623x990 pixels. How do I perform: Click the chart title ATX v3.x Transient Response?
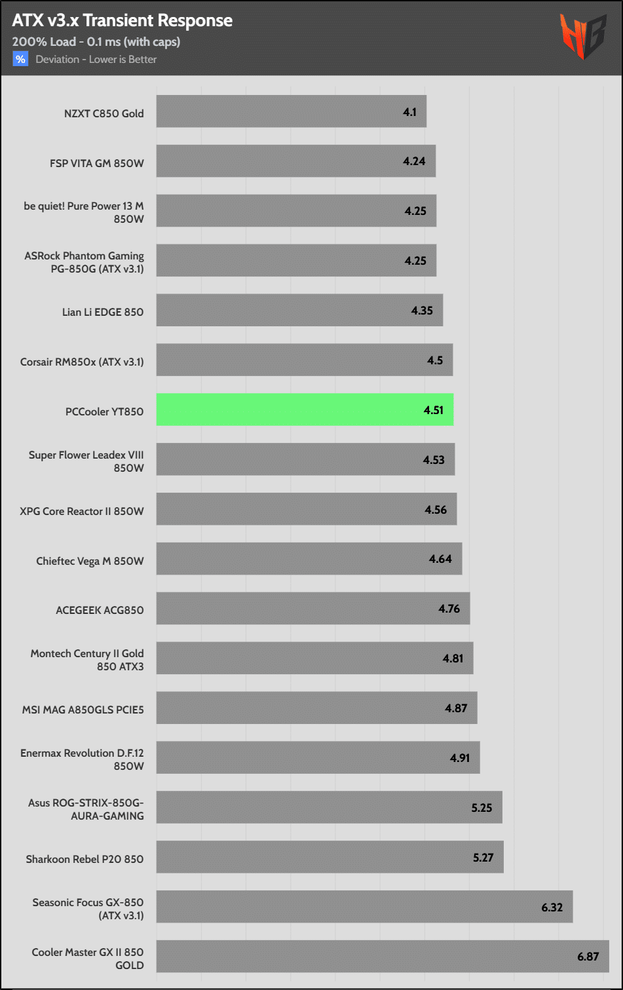pyautogui.click(x=122, y=21)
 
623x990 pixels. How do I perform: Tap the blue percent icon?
pyautogui.click(x=20, y=60)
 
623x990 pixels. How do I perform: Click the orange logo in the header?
pyautogui.click(x=582, y=37)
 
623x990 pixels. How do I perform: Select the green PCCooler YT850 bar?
pyautogui.click(x=305, y=410)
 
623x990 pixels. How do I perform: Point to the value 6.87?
pyautogui.click(x=588, y=957)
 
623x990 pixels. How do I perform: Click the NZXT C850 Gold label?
pyautogui.click(x=104, y=113)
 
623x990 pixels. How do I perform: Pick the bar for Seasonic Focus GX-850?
pyautogui.click(x=364, y=907)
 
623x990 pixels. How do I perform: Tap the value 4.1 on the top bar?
pyautogui.click(x=409, y=112)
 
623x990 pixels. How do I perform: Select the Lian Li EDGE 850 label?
pyautogui.click(x=103, y=312)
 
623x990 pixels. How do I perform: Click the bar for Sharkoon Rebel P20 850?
pyautogui.click(x=330, y=857)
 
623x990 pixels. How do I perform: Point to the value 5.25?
pyautogui.click(x=481, y=808)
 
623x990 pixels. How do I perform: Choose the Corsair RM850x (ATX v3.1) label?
pyautogui.click(x=82, y=362)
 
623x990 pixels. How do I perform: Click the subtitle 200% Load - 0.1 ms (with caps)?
pyautogui.click(x=96, y=42)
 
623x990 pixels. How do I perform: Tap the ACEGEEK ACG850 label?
pyautogui.click(x=100, y=610)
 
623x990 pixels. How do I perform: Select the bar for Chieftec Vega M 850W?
pyautogui.click(x=309, y=559)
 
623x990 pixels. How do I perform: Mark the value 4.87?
pyautogui.click(x=456, y=708)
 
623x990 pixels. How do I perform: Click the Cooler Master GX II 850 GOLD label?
pyautogui.click(x=88, y=959)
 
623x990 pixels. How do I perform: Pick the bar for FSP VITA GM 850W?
pyautogui.click(x=295, y=161)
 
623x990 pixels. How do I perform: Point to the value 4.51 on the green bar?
pyautogui.click(x=434, y=410)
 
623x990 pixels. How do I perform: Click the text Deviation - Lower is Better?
pyautogui.click(x=96, y=60)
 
